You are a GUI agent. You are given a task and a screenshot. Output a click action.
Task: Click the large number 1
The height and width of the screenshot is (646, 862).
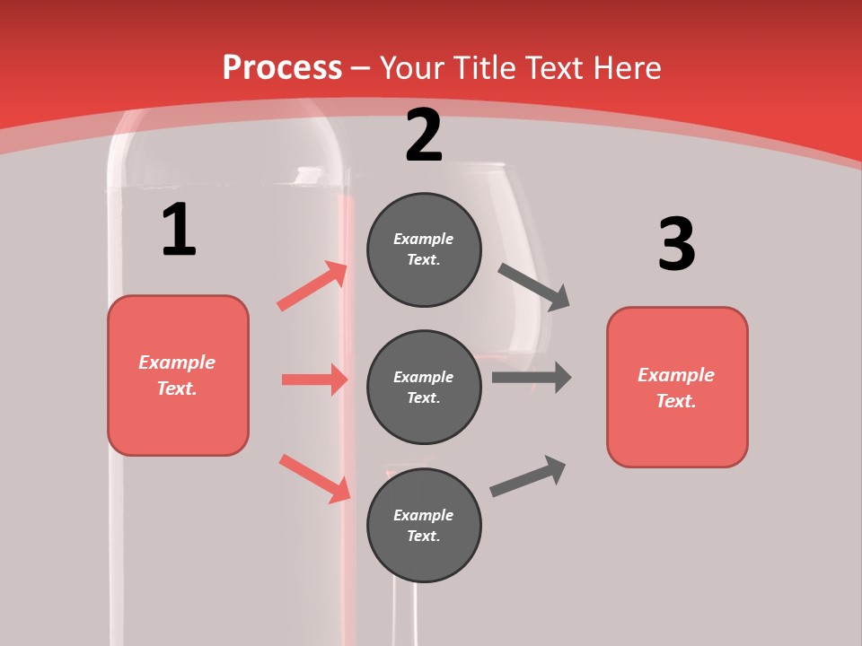point(179,230)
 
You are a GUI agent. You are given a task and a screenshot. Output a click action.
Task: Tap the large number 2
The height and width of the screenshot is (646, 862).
point(424,136)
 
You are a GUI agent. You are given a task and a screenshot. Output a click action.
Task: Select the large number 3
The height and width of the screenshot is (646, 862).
point(676,244)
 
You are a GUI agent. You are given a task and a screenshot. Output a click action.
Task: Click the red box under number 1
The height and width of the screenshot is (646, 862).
point(178,375)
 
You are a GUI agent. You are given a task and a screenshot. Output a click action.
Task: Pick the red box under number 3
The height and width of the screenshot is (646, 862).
point(677,387)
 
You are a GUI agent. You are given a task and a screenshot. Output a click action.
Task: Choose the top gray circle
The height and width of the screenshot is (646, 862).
point(424,249)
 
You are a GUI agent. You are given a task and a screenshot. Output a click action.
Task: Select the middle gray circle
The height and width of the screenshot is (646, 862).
point(424,387)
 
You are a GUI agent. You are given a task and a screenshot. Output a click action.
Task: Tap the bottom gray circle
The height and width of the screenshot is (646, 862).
point(424,525)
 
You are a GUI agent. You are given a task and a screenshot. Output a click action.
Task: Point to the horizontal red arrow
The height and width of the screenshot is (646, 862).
point(314,380)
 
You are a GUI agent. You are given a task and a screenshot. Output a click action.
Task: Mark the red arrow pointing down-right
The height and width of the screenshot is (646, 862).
point(314,478)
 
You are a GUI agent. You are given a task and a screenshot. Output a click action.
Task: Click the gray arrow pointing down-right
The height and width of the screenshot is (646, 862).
point(534,286)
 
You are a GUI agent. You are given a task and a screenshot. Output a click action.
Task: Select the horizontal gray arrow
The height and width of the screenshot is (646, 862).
point(532,377)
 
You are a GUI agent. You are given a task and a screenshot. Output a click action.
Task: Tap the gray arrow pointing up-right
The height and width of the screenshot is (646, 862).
point(528,476)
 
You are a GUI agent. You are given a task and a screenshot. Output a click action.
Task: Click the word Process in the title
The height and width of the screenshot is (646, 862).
point(282,67)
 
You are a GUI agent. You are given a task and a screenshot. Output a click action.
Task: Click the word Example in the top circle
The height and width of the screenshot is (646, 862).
point(424,239)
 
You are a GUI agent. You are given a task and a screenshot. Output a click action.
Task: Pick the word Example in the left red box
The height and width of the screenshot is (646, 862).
point(177,362)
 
